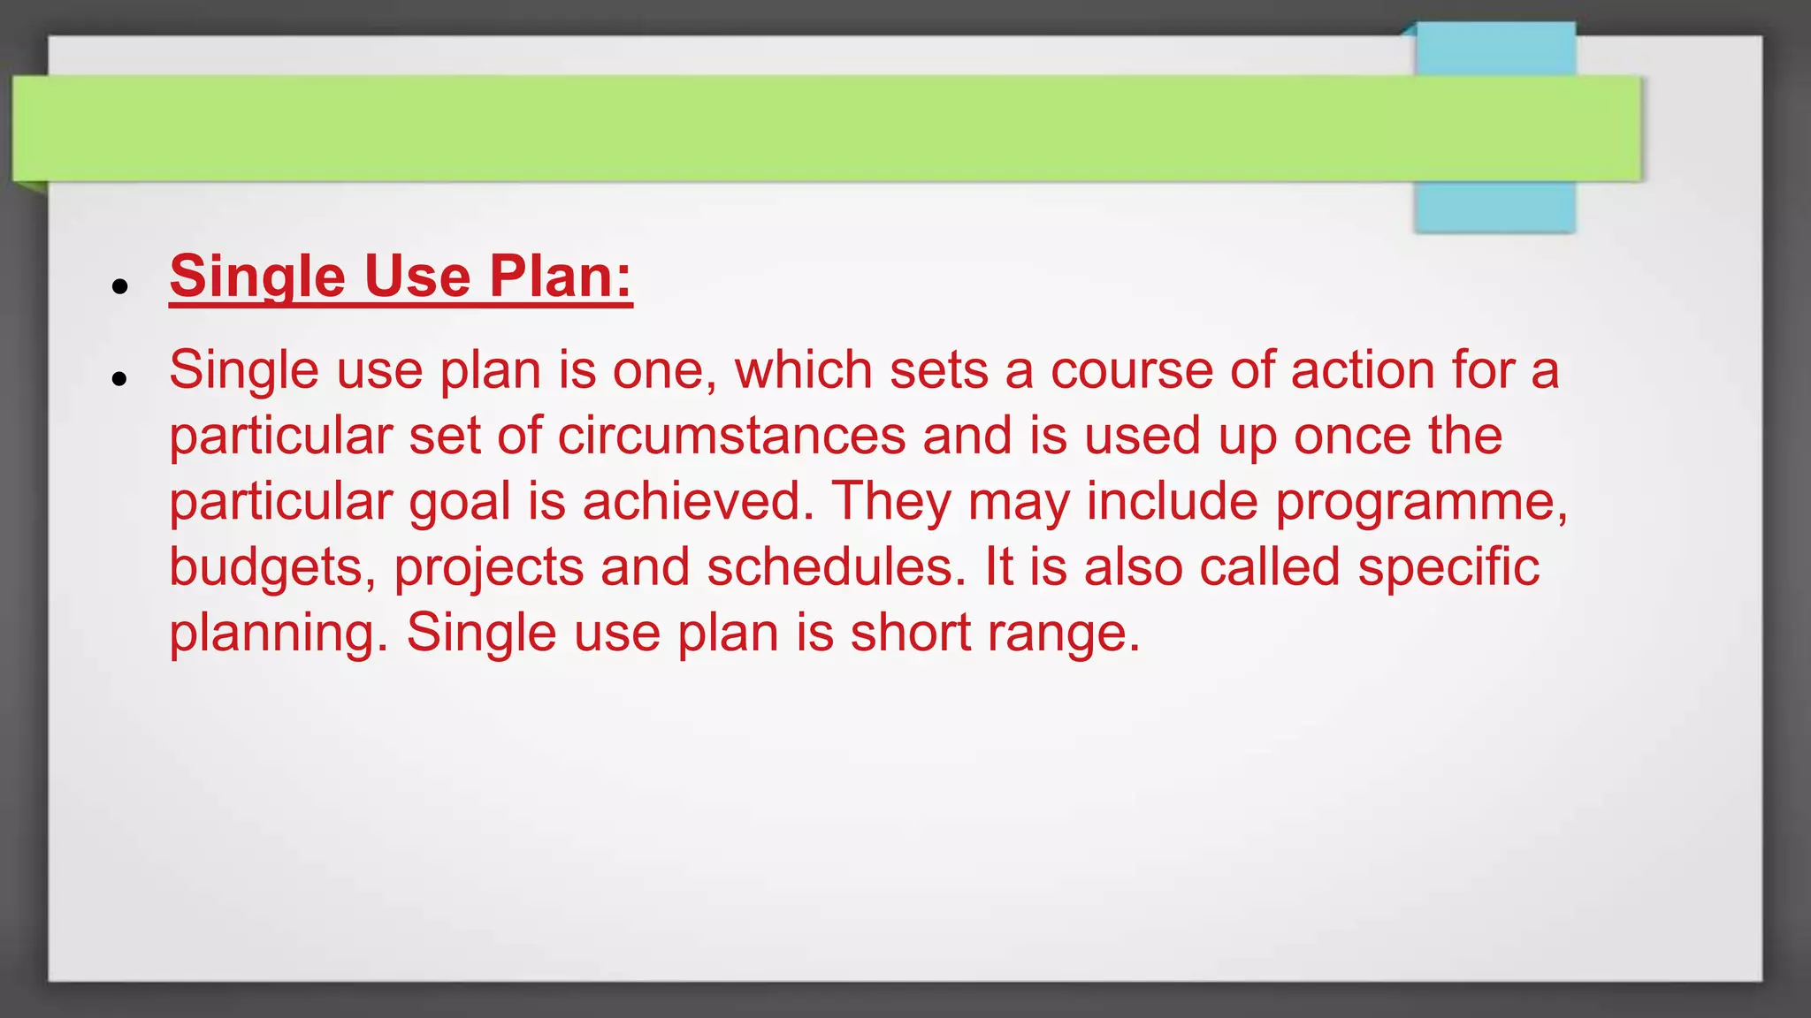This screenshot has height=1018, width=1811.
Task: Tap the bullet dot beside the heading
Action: tap(120, 286)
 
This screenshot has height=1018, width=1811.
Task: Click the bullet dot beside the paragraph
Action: tap(120, 379)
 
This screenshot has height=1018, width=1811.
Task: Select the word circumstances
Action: tap(731, 436)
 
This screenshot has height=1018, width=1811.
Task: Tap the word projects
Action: tap(488, 568)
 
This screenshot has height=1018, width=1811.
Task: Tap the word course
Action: tap(1131, 370)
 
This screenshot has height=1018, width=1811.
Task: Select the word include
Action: tap(1172, 501)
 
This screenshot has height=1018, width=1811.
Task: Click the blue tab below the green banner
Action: tap(1494, 207)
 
